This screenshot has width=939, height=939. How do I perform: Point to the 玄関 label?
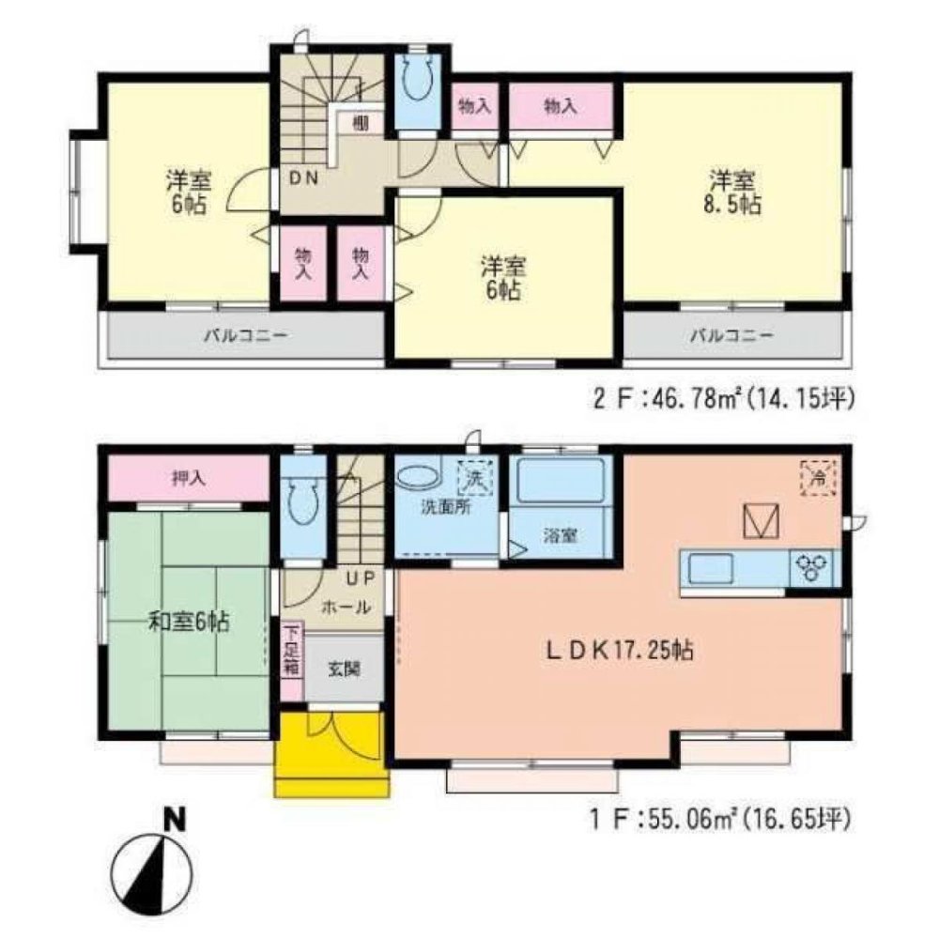342,669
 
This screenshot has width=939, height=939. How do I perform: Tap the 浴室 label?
561,536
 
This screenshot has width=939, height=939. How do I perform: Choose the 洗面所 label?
445,508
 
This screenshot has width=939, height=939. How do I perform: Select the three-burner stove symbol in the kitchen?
811,565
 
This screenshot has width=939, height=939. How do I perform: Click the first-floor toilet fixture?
300,503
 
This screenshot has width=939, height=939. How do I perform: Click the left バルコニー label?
242,334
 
